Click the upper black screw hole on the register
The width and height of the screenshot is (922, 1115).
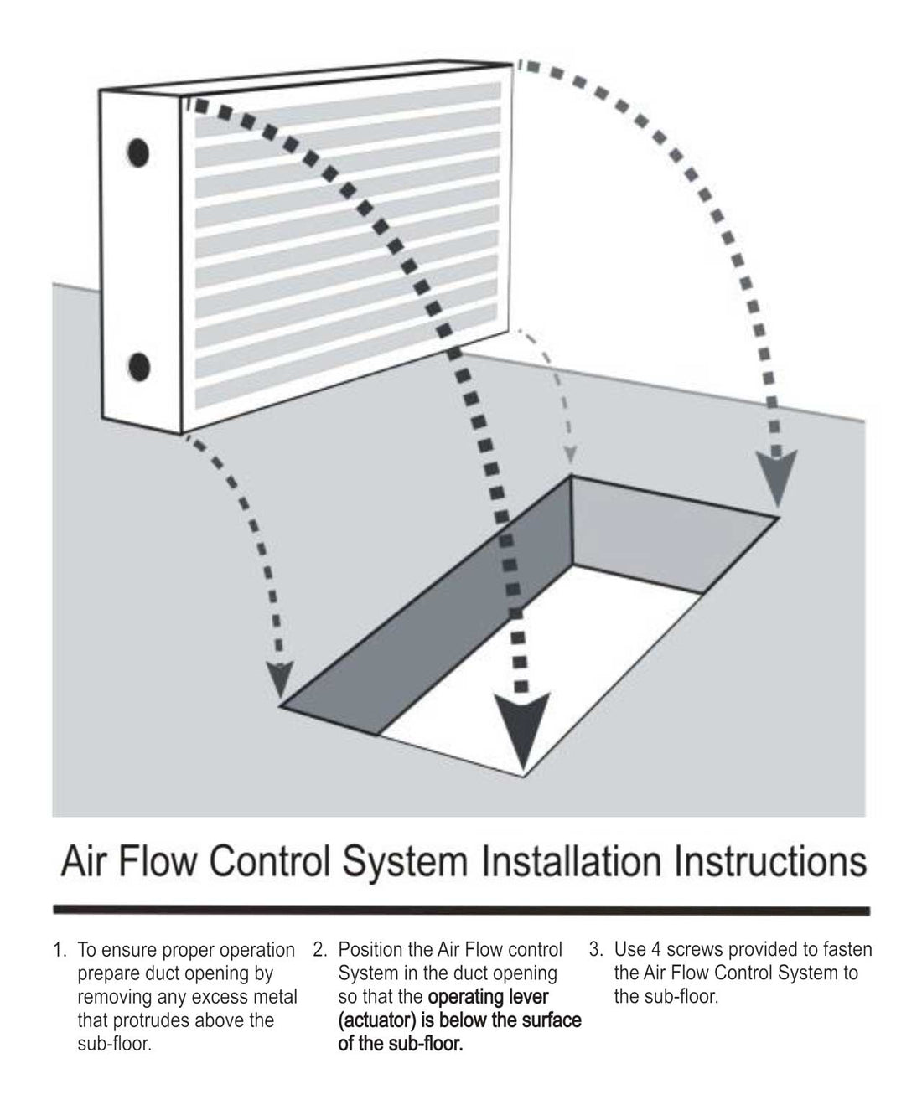click(x=138, y=152)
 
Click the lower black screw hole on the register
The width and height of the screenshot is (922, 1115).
click(x=139, y=367)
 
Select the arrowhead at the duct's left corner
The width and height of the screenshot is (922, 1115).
click(x=280, y=677)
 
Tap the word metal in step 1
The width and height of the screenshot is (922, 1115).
click(x=275, y=998)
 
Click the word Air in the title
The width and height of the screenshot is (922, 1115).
click(x=86, y=863)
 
